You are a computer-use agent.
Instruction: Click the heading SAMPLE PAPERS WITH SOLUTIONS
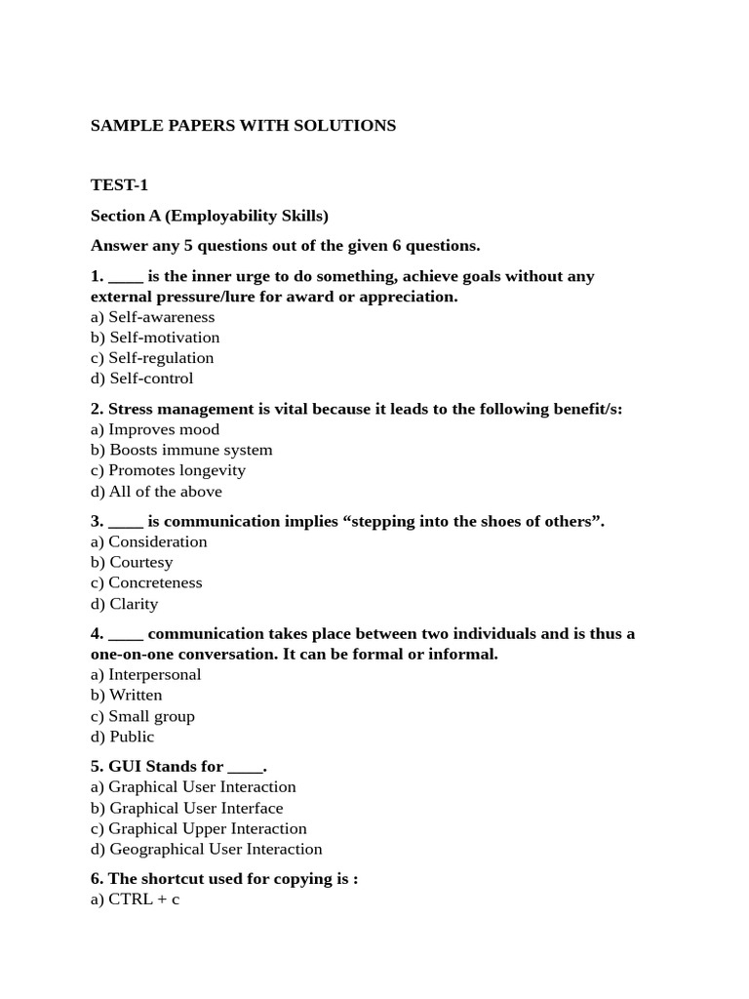pos(243,126)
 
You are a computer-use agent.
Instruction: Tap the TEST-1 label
pos(119,185)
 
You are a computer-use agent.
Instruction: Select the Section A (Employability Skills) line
pos(209,216)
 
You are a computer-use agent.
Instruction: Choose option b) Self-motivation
pos(155,338)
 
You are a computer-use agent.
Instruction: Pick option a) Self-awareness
pos(152,317)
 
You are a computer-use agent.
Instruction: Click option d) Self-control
pos(141,379)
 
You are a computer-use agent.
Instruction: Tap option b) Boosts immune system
pos(181,450)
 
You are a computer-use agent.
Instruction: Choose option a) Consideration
pos(148,541)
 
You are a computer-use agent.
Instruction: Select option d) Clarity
pos(124,604)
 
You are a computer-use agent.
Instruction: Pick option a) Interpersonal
pos(145,674)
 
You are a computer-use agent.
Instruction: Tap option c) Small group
pos(142,716)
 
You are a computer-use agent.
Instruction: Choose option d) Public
pos(122,737)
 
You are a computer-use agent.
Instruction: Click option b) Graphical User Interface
pos(186,808)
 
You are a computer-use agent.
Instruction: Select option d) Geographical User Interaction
pos(206,849)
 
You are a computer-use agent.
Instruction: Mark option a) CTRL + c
pos(135,899)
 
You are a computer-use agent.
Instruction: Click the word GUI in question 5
pos(125,767)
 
